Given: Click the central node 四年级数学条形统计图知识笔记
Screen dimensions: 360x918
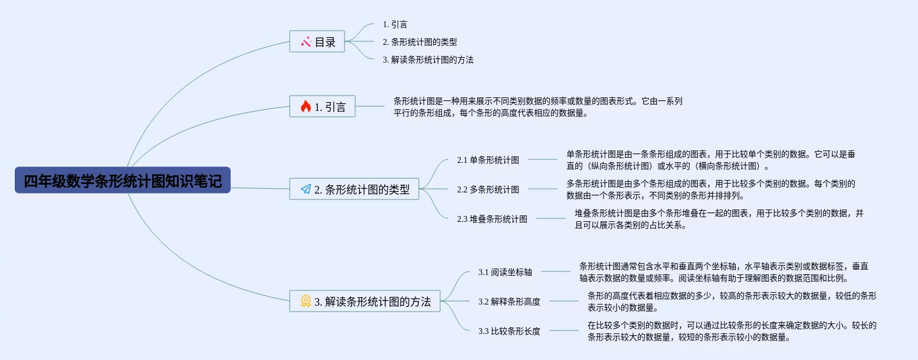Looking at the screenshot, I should pyautogui.click(x=123, y=180).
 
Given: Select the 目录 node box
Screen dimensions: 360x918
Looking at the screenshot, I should pyautogui.click(x=317, y=41).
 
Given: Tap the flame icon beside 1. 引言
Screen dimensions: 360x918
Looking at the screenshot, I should pyautogui.click(x=306, y=106).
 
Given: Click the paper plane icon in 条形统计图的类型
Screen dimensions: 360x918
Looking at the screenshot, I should pyautogui.click(x=306, y=189).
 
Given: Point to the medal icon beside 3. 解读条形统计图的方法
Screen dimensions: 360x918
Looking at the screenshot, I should pyautogui.click(x=306, y=301).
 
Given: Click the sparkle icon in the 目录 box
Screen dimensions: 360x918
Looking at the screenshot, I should pyautogui.click(x=306, y=41).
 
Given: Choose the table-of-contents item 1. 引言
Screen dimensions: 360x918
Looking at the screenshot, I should pyautogui.click(x=395, y=24).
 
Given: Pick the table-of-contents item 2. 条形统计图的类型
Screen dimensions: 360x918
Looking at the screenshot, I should pyautogui.click(x=420, y=42).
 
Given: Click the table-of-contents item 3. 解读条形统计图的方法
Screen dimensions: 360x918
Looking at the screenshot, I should pyautogui.click(x=428, y=60).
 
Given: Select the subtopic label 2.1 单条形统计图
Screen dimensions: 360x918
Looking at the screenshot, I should pyautogui.click(x=488, y=160).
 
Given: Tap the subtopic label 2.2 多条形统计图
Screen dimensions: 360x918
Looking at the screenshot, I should pyautogui.click(x=488, y=189).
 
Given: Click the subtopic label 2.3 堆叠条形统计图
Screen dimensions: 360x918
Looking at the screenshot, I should pyautogui.click(x=493, y=219).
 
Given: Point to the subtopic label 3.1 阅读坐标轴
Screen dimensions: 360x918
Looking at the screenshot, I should pyautogui.click(x=506, y=272).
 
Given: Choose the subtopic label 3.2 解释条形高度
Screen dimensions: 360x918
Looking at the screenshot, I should pyautogui.click(x=510, y=302).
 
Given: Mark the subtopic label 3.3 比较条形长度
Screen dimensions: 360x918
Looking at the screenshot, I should pyautogui.click(x=510, y=331).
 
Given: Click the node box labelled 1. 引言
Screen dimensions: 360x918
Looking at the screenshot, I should pyautogui.click(x=323, y=106).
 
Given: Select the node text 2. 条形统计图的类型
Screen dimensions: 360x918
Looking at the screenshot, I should pyautogui.click(x=362, y=189).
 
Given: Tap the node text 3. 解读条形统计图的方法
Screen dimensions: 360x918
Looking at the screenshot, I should pyautogui.click(x=372, y=302).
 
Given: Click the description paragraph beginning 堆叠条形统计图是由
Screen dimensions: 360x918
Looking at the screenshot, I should pyautogui.click(x=719, y=218).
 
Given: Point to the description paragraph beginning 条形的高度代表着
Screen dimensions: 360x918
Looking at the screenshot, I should pyautogui.click(x=732, y=301).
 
